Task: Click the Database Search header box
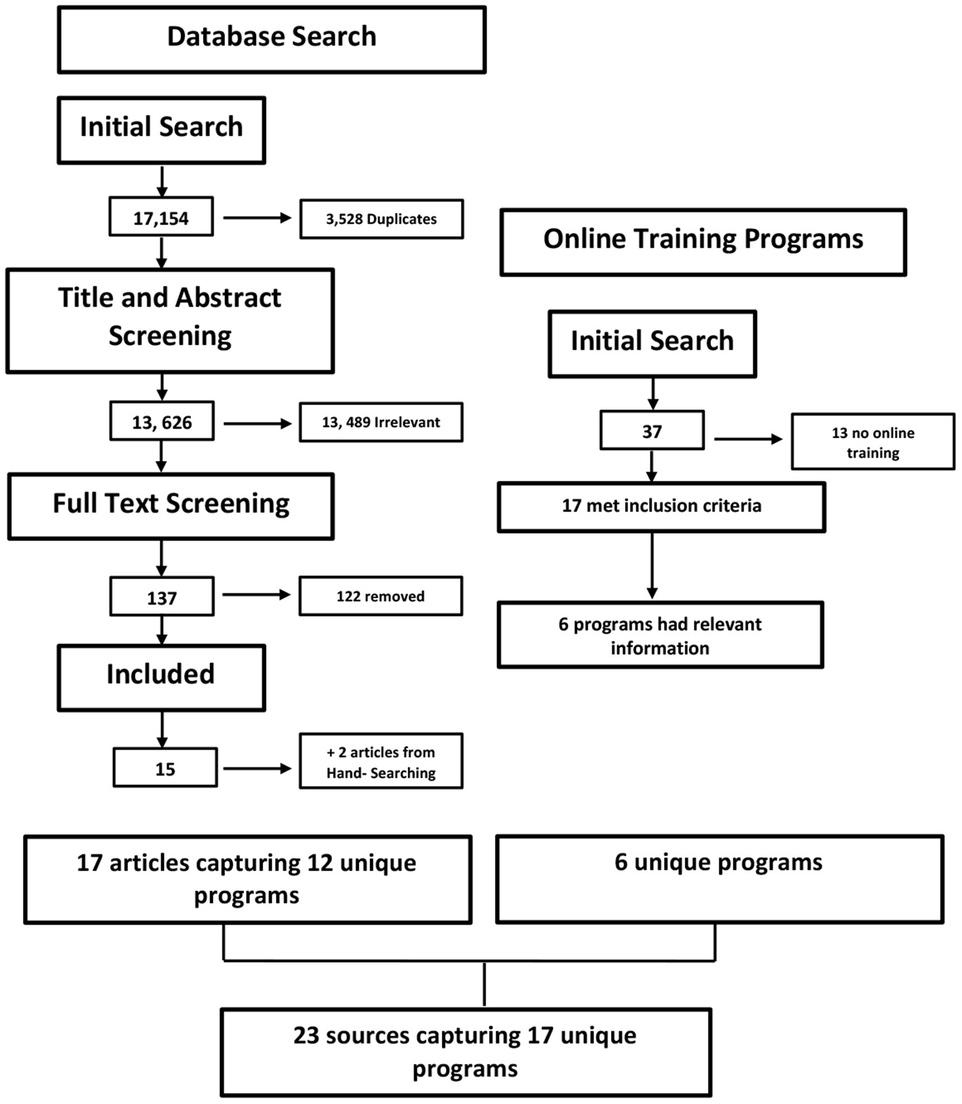pyautogui.click(x=272, y=39)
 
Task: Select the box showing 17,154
pyautogui.click(x=161, y=217)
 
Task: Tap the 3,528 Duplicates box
pyautogui.click(x=382, y=219)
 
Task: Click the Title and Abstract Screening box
pyautogui.click(x=170, y=320)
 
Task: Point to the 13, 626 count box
pyautogui.click(x=162, y=422)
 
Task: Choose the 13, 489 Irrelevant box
pyautogui.click(x=381, y=422)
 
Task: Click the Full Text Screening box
pyautogui.click(x=171, y=506)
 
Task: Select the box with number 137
pyautogui.click(x=162, y=597)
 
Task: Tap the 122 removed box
pyautogui.click(x=380, y=596)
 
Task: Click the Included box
pyautogui.click(x=161, y=677)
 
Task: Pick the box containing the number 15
pyautogui.click(x=165, y=768)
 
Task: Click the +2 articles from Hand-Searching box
pyautogui.click(x=381, y=761)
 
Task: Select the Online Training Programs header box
pyautogui.click(x=703, y=242)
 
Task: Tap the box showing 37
pyautogui.click(x=652, y=430)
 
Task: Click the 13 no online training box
pyautogui.click(x=872, y=441)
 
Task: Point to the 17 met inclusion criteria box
pyautogui.click(x=661, y=507)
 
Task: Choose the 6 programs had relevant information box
pyautogui.click(x=660, y=635)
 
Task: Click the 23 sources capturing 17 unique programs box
pyautogui.click(x=466, y=1052)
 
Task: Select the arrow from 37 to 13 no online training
pyautogui.click(x=747, y=439)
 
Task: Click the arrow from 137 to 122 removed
pyautogui.click(x=256, y=595)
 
